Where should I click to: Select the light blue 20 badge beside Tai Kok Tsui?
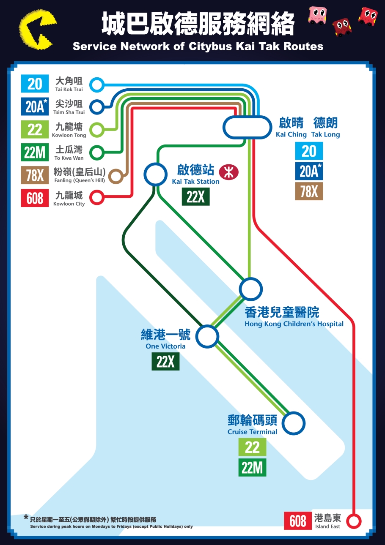[x=35, y=84]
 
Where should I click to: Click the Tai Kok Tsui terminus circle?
[x=97, y=84]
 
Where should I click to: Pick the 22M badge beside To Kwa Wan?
[x=35, y=152]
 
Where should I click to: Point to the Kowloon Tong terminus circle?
[x=97, y=130]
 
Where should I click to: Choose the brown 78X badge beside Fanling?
[x=35, y=175]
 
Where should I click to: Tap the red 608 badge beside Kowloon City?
[x=35, y=198]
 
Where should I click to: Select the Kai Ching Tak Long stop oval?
[x=247, y=127]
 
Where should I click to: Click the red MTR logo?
[x=229, y=172]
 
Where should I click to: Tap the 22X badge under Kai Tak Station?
[x=195, y=196]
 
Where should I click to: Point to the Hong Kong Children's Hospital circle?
[x=250, y=289]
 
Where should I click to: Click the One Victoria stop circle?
[x=207, y=337]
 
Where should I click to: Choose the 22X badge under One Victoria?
[x=165, y=361]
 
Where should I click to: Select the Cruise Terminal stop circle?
[x=294, y=423]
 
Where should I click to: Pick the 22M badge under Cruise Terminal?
[x=252, y=467]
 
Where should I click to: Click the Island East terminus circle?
[x=354, y=520]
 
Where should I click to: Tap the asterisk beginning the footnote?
[x=26, y=517]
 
